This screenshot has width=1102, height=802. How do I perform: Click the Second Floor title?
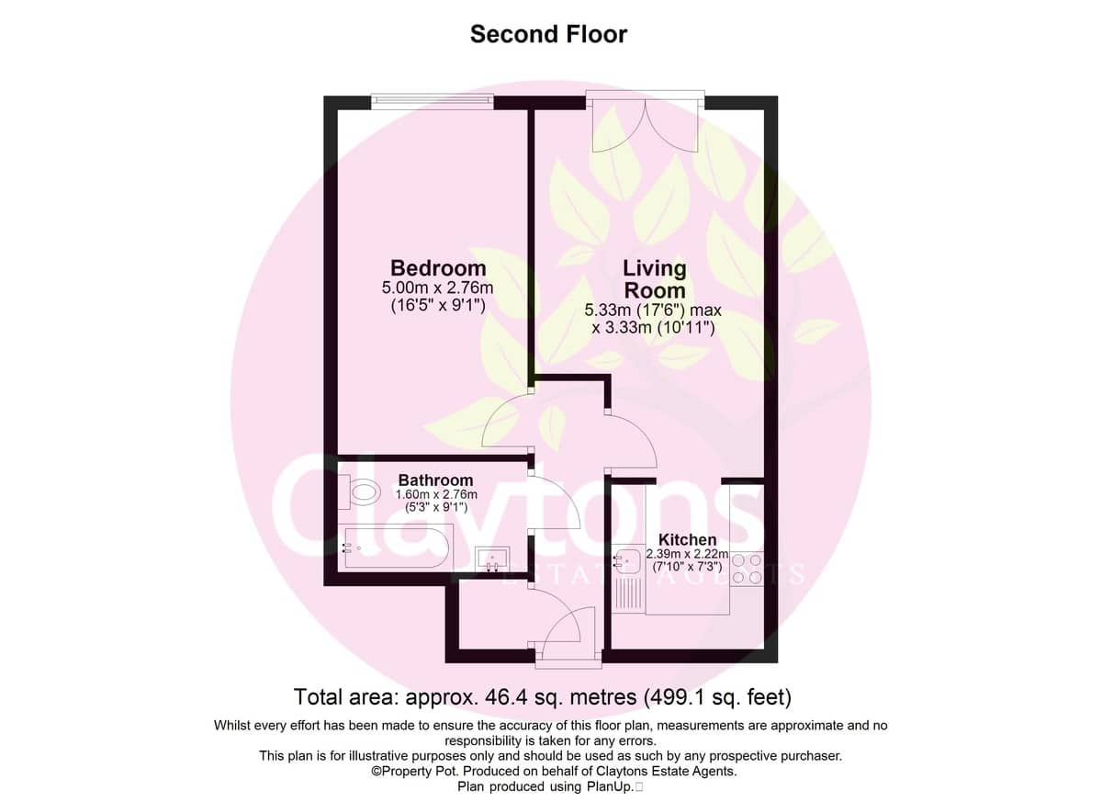pyautogui.click(x=548, y=34)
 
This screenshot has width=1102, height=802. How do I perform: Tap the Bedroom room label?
pyautogui.click(x=438, y=268)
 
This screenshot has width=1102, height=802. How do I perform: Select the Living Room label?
pyautogui.click(x=654, y=279)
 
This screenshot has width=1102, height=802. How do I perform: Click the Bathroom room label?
pyautogui.click(x=435, y=480)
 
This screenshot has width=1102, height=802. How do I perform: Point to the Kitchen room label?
pyautogui.click(x=687, y=539)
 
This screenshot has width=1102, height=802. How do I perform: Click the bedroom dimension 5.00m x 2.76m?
pyautogui.click(x=437, y=288)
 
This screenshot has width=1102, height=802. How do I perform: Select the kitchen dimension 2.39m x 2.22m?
pyautogui.click(x=687, y=554)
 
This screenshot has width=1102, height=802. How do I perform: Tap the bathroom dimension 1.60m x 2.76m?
pyautogui.click(x=436, y=494)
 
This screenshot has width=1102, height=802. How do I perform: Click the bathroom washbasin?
pyautogui.click(x=492, y=559)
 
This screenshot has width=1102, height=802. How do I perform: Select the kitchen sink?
pyautogui.click(x=628, y=562)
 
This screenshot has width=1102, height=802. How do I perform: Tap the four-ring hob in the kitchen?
pyautogui.click(x=747, y=569)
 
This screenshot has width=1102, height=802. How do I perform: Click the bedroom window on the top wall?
pyautogui.click(x=432, y=100)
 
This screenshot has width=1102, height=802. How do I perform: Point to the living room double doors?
pyautogui.click(x=645, y=121)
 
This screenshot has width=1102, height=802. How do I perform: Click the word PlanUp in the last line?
pyautogui.click(x=609, y=786)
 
